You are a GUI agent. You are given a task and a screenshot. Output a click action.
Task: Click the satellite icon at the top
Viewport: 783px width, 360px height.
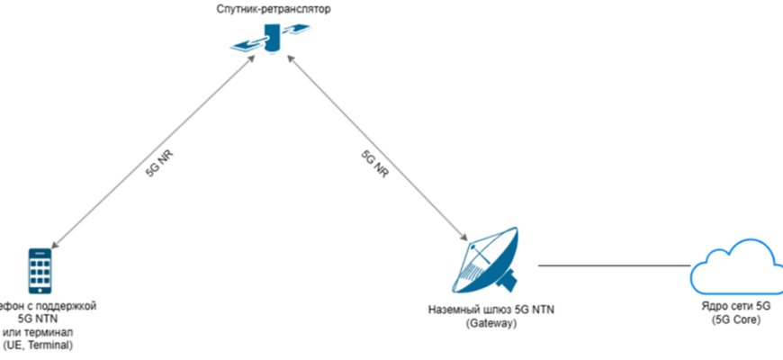268,40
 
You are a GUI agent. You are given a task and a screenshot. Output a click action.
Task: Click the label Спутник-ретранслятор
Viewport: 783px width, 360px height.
268,11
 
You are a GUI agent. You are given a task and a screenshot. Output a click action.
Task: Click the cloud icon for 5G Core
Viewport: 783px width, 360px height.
733,265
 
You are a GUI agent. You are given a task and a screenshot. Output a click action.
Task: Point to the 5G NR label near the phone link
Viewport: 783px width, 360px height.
160,167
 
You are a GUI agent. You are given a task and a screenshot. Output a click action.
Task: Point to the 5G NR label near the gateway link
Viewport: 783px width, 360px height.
374,166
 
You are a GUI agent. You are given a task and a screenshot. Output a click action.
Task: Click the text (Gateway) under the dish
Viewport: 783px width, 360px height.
490,323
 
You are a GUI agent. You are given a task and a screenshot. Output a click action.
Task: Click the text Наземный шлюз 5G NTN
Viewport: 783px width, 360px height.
490,310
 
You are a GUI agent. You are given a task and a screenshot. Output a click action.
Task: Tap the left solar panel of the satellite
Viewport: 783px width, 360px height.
244,44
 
